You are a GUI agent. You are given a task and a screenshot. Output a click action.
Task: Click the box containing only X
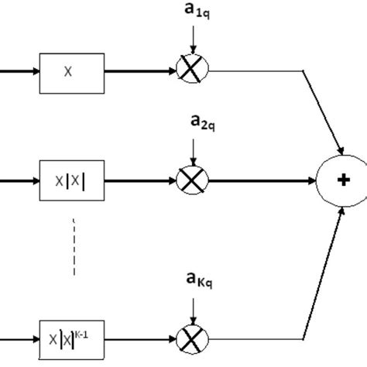coord(70,71)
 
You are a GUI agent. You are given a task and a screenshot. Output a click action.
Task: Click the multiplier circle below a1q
coord(188,70)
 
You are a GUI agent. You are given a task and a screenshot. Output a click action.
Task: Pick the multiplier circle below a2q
coord(188,181)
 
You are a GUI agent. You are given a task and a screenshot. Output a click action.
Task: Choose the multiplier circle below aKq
coord(188,338)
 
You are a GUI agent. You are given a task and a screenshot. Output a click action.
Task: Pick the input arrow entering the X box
coord(19,71)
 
